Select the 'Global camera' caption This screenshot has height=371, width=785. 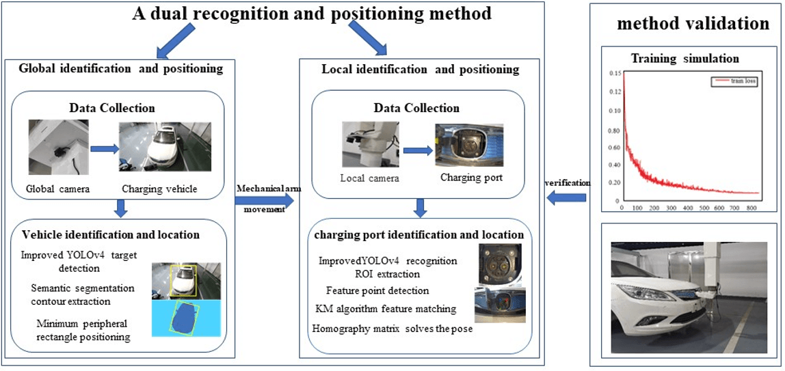pos(53,189)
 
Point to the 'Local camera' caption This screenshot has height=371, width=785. pos(369,179)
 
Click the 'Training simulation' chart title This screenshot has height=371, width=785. pos(684,58)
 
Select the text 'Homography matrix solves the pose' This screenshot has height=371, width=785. pos(392,328)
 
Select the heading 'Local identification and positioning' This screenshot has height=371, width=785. pos(420,69)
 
